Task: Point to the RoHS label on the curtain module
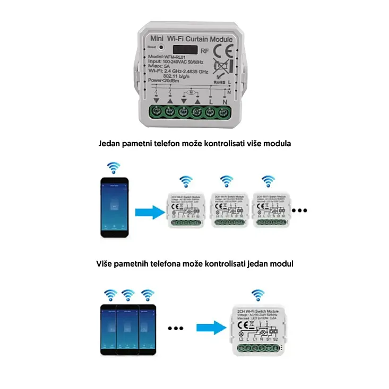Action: pos(219,82)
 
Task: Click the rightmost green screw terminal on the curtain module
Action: pos(224,111)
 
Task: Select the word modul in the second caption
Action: pos(282,263)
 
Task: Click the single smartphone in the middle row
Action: pos(115,207)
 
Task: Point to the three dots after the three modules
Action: pos(300,210)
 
